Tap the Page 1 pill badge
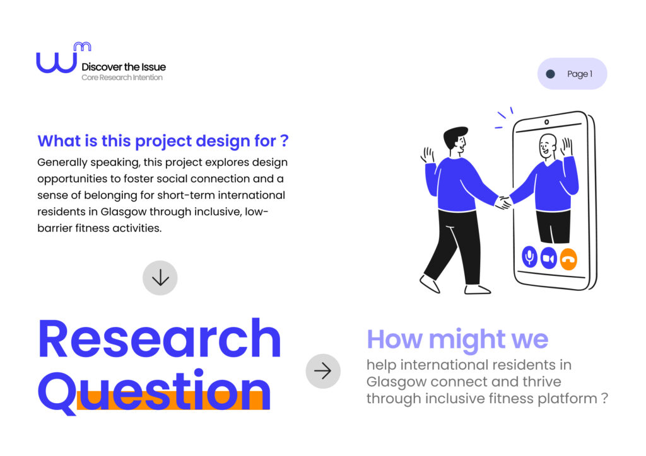[x=572, y=74]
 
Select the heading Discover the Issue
[x=124, y=67]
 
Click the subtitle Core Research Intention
[x=122, y=77]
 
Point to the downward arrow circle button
[x=160, y=278]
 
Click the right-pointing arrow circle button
[x=323, y=371]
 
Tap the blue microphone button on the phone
[x=529, y=257]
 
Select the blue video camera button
[x=548, y=258]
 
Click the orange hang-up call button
[x=568, y=259]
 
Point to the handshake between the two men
[x=503, y=203]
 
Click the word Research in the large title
[x=160, y=339]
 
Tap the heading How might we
[x=457, y=339]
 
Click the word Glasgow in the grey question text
[x=396, y=382]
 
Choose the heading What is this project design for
[x=163, y=141]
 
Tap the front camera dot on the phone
[x=546, y=122]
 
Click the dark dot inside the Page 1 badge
[x=550, y=74]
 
